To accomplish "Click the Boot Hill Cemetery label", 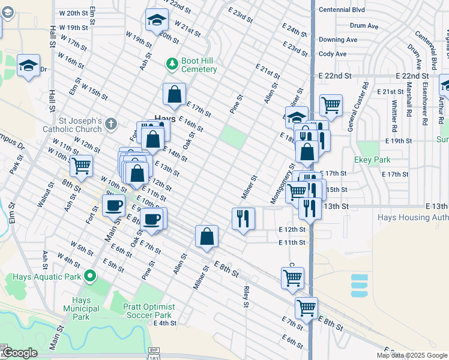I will click(199, 65).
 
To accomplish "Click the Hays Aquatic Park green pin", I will click(90, 277).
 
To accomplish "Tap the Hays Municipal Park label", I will click(81, 308).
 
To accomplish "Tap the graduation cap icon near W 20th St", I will click(156, 21).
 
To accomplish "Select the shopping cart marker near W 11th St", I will click(81, 166).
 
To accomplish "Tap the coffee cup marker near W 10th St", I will click(113, 206).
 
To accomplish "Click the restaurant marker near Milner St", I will click(243, 218).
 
